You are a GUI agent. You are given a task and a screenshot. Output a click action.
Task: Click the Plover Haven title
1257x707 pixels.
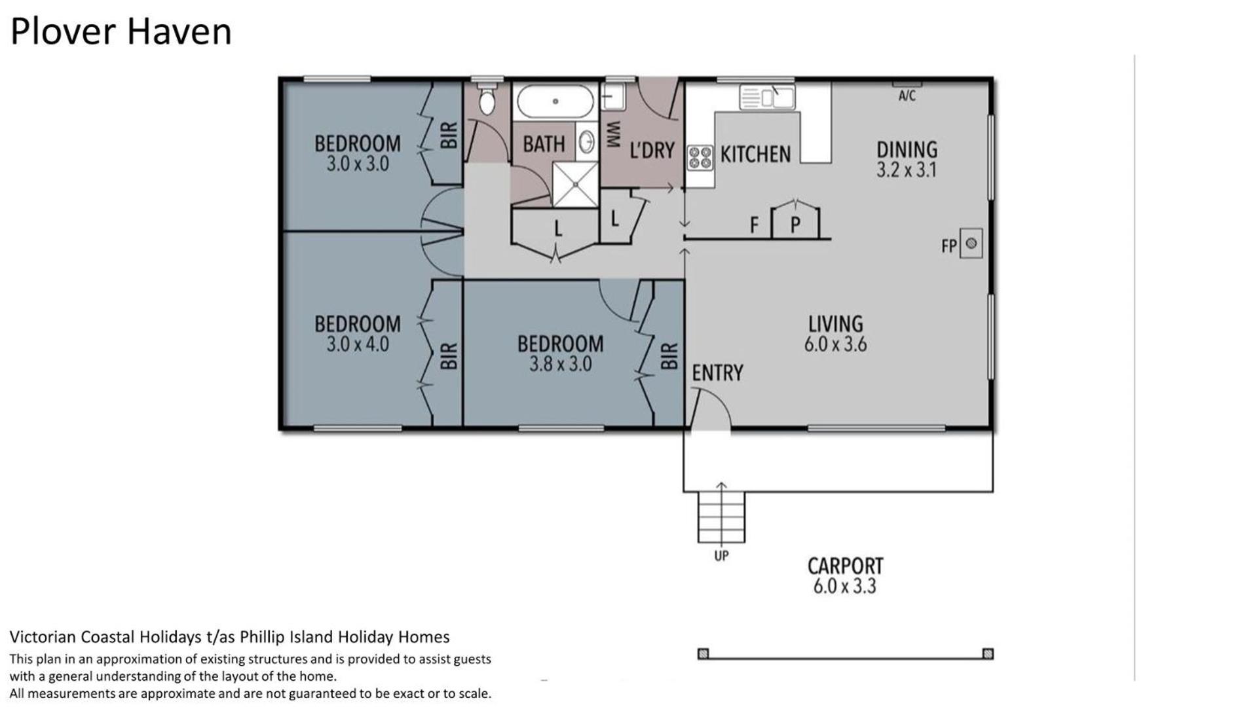[121, 31]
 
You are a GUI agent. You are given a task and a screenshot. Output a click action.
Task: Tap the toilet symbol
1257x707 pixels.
[487, 100]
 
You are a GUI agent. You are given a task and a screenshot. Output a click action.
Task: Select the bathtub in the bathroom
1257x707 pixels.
[555, 101]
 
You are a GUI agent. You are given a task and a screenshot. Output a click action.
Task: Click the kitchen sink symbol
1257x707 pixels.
[767, 97]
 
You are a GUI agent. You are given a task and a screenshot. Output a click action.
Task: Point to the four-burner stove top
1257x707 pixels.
[700, 158]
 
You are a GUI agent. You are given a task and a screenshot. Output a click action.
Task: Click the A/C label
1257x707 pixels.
[907, 96]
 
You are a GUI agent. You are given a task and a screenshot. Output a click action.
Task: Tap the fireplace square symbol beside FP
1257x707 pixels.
[971, 244]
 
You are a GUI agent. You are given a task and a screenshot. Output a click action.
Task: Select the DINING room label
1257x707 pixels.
[907, 149]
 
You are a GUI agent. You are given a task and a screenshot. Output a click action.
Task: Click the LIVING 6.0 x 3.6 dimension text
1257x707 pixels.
[836, 344]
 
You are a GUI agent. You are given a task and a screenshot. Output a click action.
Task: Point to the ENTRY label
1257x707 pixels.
[718, 373]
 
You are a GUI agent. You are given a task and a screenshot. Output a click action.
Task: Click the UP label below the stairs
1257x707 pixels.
[721, 556]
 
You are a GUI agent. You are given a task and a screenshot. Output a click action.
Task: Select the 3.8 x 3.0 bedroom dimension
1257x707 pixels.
[561, 364]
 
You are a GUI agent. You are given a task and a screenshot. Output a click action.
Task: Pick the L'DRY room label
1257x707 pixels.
[652, 151]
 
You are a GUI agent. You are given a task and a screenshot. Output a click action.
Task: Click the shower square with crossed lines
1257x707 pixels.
[575, 185]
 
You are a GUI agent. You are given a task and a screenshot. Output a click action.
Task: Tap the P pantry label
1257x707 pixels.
[795, 225]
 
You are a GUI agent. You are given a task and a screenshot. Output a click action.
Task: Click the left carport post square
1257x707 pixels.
[703, 653]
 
